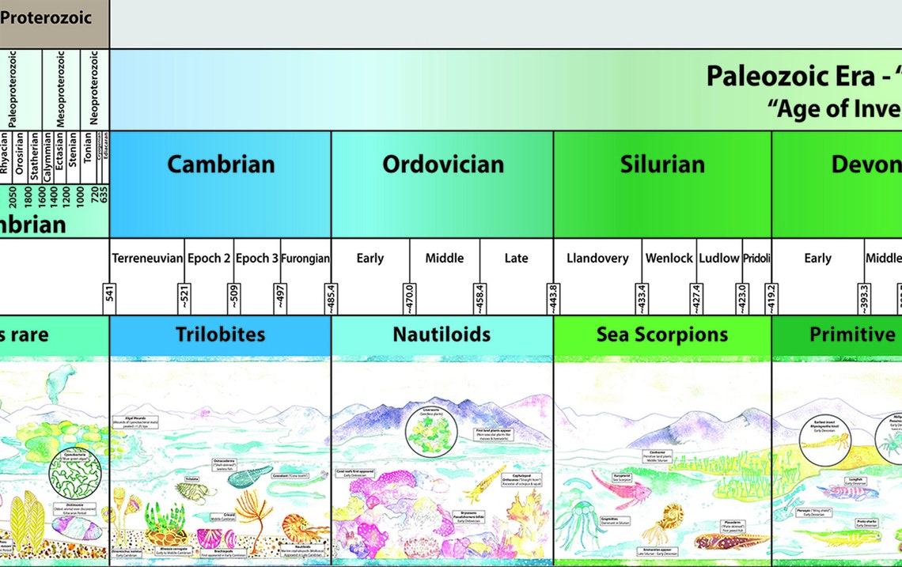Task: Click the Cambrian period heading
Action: pos(221,164)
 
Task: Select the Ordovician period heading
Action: pos(442,164)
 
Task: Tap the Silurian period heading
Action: pos(662,164)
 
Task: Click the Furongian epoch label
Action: pos(305,259)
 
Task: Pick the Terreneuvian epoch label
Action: pos(148,259)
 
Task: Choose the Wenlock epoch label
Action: pos(669,259)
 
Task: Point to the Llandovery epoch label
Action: pos(597,259)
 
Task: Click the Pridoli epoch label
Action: pos(756,259)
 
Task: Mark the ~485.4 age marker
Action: pos(331,299)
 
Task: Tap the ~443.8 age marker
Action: pos(553,299)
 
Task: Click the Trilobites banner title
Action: pos(220,335)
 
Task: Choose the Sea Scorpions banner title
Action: pos(662,335)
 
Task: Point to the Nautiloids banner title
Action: pos(442,335)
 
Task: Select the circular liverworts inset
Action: pos(430,433)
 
